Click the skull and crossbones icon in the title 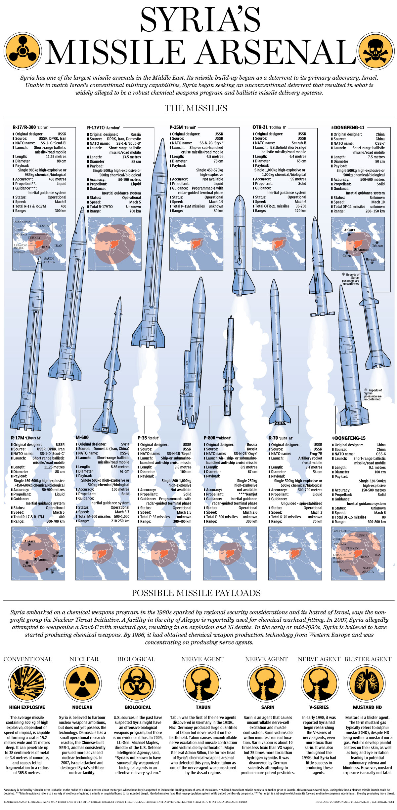click(x=376, y=51)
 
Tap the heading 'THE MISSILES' click(x=196, y=108)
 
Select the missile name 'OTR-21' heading click(x=260, y=127)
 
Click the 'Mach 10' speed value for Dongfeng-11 click(x=378, y=202)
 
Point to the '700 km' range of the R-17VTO click(x=135, y=211)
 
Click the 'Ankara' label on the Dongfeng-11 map click(x=349, y=230)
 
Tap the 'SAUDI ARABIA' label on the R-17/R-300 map click(x=49, y=260)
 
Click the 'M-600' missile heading click(x=82, y=437)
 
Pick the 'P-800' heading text click(x=209, y=438)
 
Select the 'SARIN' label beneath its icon click(x=268, y=707)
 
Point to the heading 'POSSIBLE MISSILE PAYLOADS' click(x=196, y=593)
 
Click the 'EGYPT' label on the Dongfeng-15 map click(x=345, y=571)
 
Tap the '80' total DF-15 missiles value click(x=384, y=517)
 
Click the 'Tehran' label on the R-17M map click(x=57, y=555)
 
